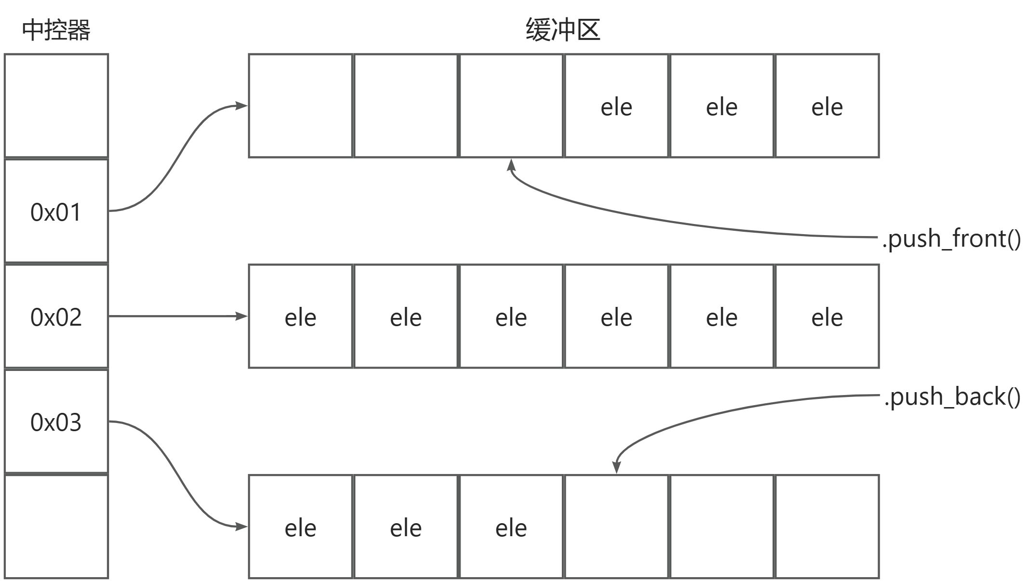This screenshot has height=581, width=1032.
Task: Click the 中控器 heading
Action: click(56, 30)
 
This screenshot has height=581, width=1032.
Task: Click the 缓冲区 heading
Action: click(563, 30)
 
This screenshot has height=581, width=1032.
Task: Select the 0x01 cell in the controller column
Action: click(56, 211)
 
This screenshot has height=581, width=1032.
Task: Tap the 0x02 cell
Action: click(56, 317)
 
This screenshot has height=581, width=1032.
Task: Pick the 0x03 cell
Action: click(56, 422)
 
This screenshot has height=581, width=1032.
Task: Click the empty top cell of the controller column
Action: click(56, 106)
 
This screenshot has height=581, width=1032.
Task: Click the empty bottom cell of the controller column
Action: click(56, 527)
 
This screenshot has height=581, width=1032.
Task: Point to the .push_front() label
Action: click(951, 238)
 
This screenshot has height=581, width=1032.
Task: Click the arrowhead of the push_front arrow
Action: click(511, 165)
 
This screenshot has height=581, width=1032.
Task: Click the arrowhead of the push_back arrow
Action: click(616, 467)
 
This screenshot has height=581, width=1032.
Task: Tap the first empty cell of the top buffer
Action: click(300, 106)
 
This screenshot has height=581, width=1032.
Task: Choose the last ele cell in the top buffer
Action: click(827, 106)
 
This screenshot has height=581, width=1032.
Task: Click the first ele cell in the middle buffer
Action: click(300, 317)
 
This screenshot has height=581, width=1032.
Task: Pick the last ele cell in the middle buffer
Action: click(827, 317)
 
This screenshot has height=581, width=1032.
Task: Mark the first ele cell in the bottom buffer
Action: click(300, 527)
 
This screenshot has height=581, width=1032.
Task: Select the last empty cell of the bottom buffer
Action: click(827, 527)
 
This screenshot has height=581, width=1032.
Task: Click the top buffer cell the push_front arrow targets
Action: click(511, 106)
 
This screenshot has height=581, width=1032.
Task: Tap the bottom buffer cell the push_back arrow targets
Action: click(616, 527)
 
